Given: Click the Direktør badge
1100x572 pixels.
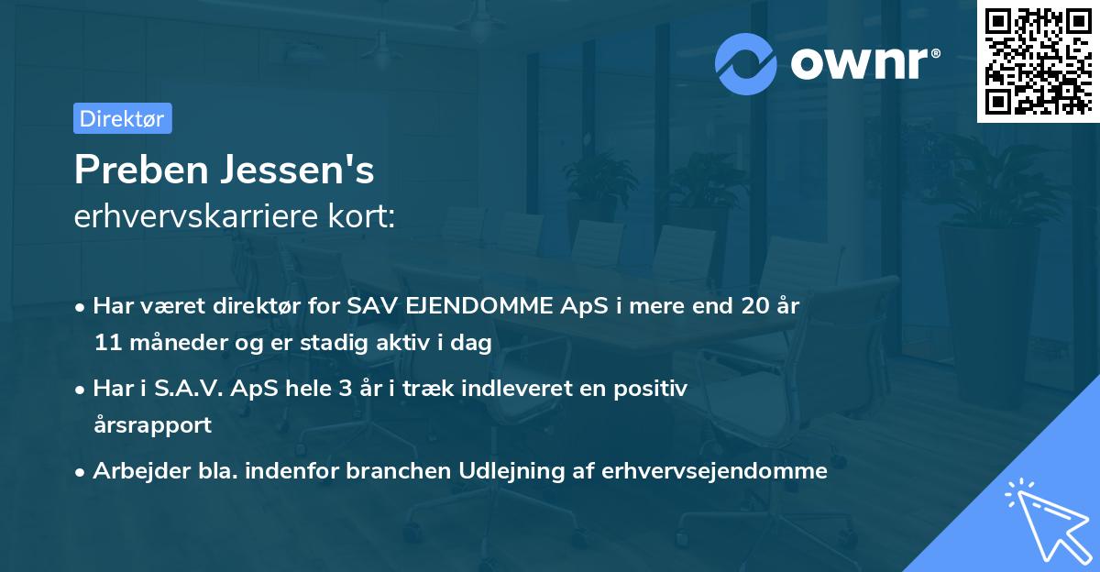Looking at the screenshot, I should (x=122, y=118).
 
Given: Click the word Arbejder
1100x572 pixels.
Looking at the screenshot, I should (x=134, y=471).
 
